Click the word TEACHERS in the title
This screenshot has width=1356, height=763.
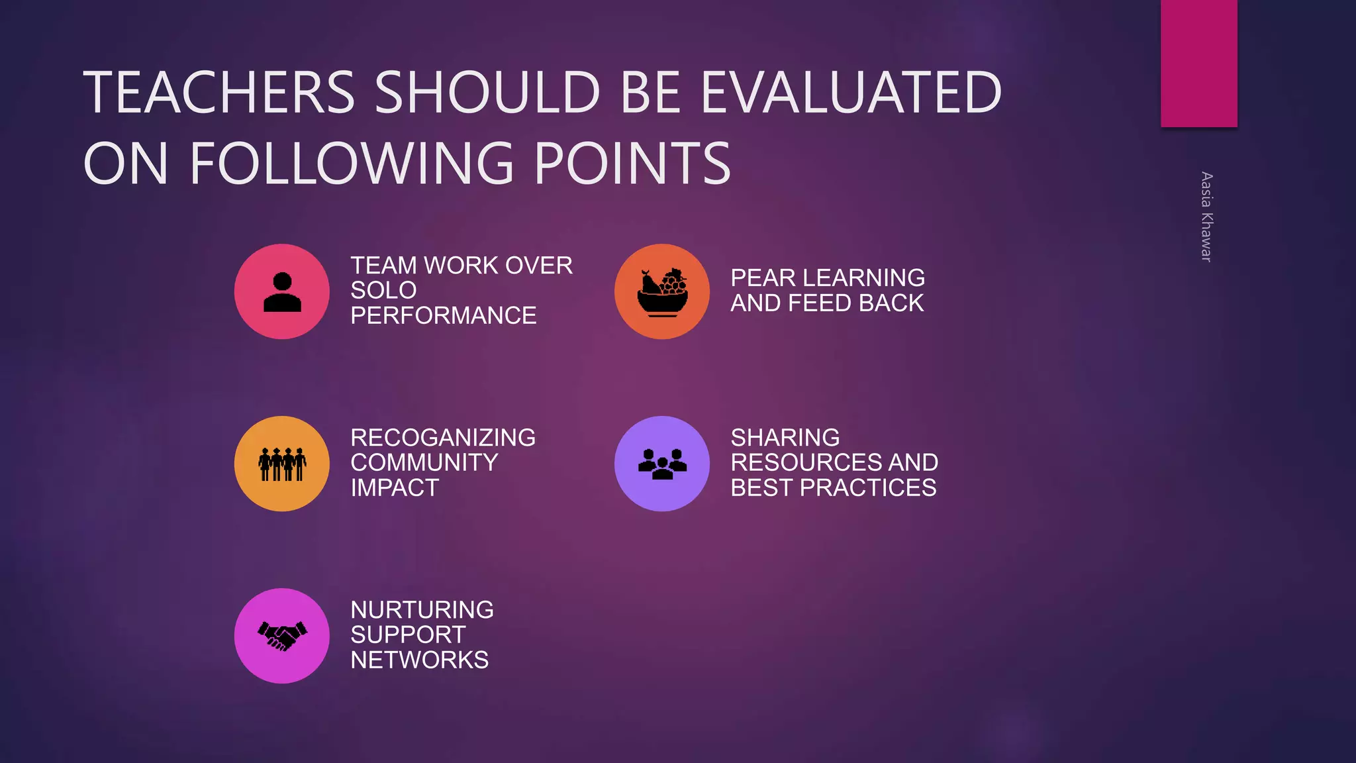click(219, 92)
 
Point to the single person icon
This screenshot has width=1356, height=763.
click(282, 292)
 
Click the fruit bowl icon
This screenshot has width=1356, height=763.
click(662, 292)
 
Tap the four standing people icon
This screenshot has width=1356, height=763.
click(282, 464)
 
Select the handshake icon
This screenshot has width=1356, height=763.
click(282, 636)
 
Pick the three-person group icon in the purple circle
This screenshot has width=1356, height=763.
click(662, 464)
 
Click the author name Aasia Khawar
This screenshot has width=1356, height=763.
click(1206, 217)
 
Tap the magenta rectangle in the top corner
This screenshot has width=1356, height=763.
click(1198, 63)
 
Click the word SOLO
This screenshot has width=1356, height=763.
click(383, 290)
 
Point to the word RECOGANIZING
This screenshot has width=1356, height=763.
click(443, 438)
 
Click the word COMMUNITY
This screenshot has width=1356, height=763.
click(424, 462)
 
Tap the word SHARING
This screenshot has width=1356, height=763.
click(785, 438)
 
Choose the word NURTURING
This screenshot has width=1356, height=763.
click(422, 610)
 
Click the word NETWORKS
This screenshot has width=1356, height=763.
click(420, 660)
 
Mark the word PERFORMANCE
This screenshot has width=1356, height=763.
click(444, 315)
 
